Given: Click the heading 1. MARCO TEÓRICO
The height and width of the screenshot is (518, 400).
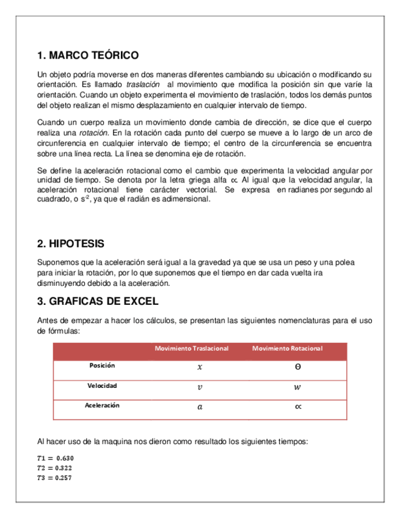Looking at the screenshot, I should click(x=88, y=56).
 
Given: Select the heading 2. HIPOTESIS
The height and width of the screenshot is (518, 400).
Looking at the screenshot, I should click(x=71, y=244).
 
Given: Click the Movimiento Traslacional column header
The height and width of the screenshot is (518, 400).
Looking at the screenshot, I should click(x=192, y=348).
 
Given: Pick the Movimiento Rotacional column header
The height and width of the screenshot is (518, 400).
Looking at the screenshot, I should click(x=287, y=348).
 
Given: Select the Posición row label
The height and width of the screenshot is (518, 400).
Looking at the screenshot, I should click(x=102, y=365).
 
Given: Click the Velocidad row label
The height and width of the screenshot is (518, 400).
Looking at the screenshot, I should click(x=102, y=386).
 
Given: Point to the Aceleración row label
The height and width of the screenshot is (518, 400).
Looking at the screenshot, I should click(x=102, y=405).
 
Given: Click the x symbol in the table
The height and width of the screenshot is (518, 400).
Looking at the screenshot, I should click(x=198, y=368).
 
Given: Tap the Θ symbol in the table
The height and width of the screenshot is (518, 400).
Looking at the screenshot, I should click(x=297, y=367).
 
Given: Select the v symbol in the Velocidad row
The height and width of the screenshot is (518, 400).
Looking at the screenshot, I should click(x=198, y=387).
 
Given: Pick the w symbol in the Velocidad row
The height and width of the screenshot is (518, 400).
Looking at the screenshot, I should click(x=297, y=387).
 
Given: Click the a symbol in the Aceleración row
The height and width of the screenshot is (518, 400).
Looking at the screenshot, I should click(x=198, y=407).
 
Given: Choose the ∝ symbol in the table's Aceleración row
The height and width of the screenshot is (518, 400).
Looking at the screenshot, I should click(x=297, y=407).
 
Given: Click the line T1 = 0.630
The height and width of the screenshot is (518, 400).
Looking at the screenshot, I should click(x=56, y=458).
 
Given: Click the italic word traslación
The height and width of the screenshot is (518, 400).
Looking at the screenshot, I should click(x=142, y=84).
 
